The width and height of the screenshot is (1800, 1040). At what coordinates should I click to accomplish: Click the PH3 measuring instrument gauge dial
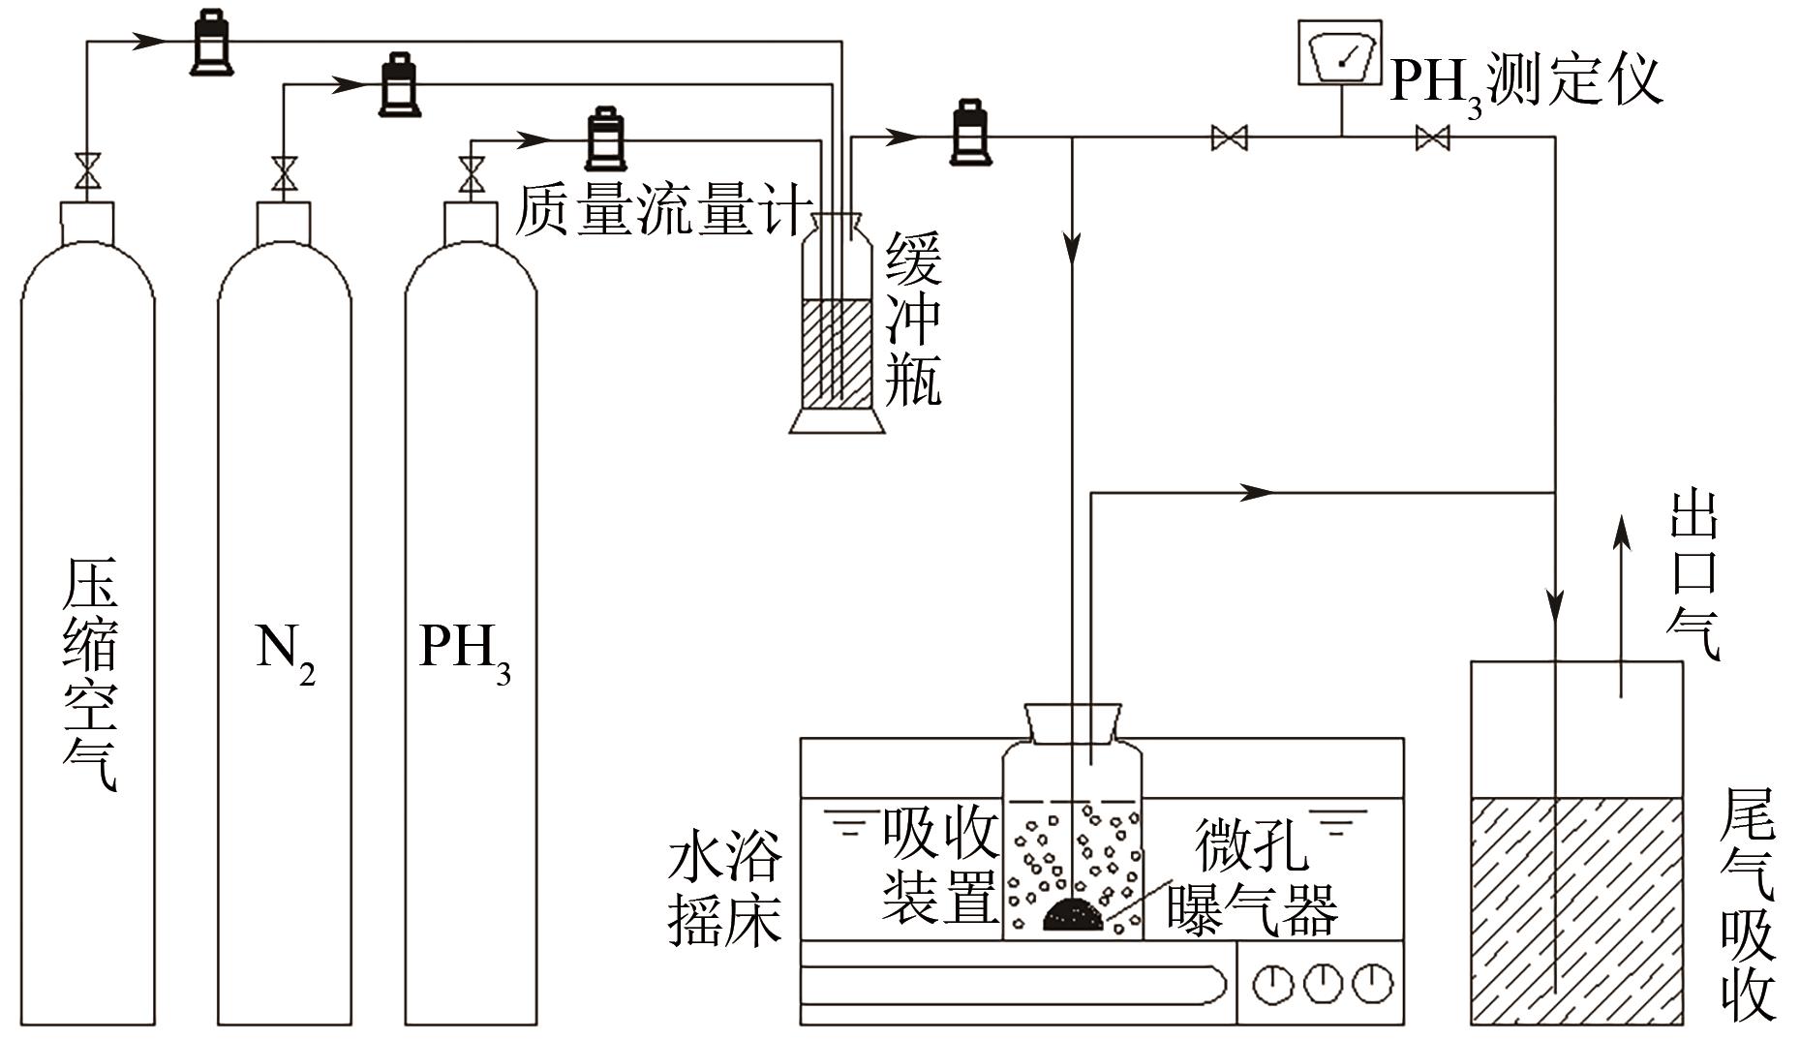coord(1341,56)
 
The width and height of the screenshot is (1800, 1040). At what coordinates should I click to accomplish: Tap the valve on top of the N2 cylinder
coord(285,174)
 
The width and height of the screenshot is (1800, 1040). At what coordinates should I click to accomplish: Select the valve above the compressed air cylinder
coord(88,171)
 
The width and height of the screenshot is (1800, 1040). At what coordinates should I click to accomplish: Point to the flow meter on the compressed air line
coord(211,43)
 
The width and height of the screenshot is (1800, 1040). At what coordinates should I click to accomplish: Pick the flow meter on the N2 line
coord(399,85)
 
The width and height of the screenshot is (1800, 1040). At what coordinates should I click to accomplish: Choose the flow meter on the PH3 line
coord(606,139)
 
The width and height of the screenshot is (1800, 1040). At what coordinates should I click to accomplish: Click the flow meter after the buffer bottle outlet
coord(971,134)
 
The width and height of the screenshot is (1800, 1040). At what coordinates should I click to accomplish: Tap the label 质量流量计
coord(662,210)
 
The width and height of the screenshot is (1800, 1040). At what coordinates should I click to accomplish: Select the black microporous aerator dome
coord(1074,914)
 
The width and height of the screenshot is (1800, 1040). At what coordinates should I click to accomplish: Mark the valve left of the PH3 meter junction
coord(1230,138)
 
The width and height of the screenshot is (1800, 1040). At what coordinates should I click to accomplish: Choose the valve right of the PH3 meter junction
coord(1432,138)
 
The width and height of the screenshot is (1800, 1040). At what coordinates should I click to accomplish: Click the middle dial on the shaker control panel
coord(1323,984)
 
